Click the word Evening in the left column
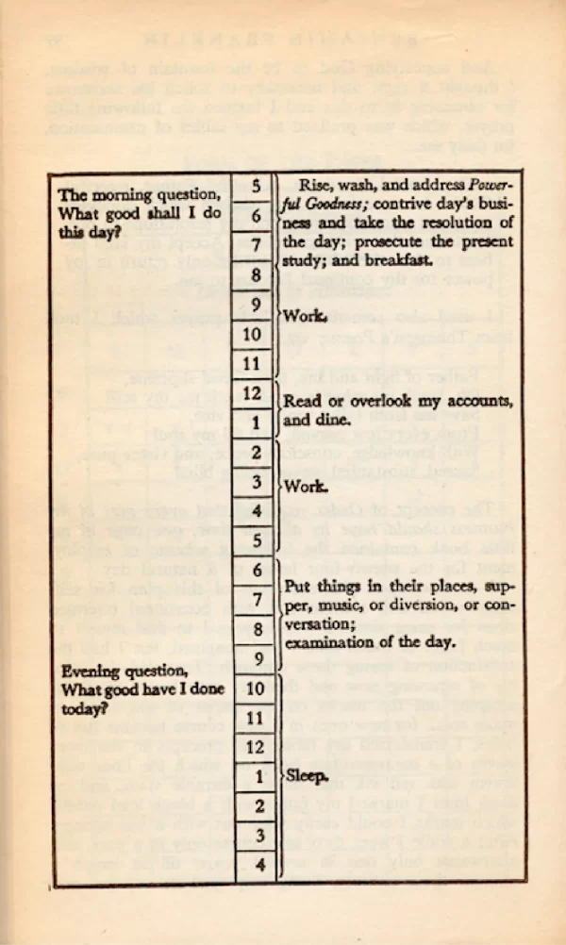91,671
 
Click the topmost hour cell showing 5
256,185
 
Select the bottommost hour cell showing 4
256,863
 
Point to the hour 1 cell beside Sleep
256,778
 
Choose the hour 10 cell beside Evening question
256,688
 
